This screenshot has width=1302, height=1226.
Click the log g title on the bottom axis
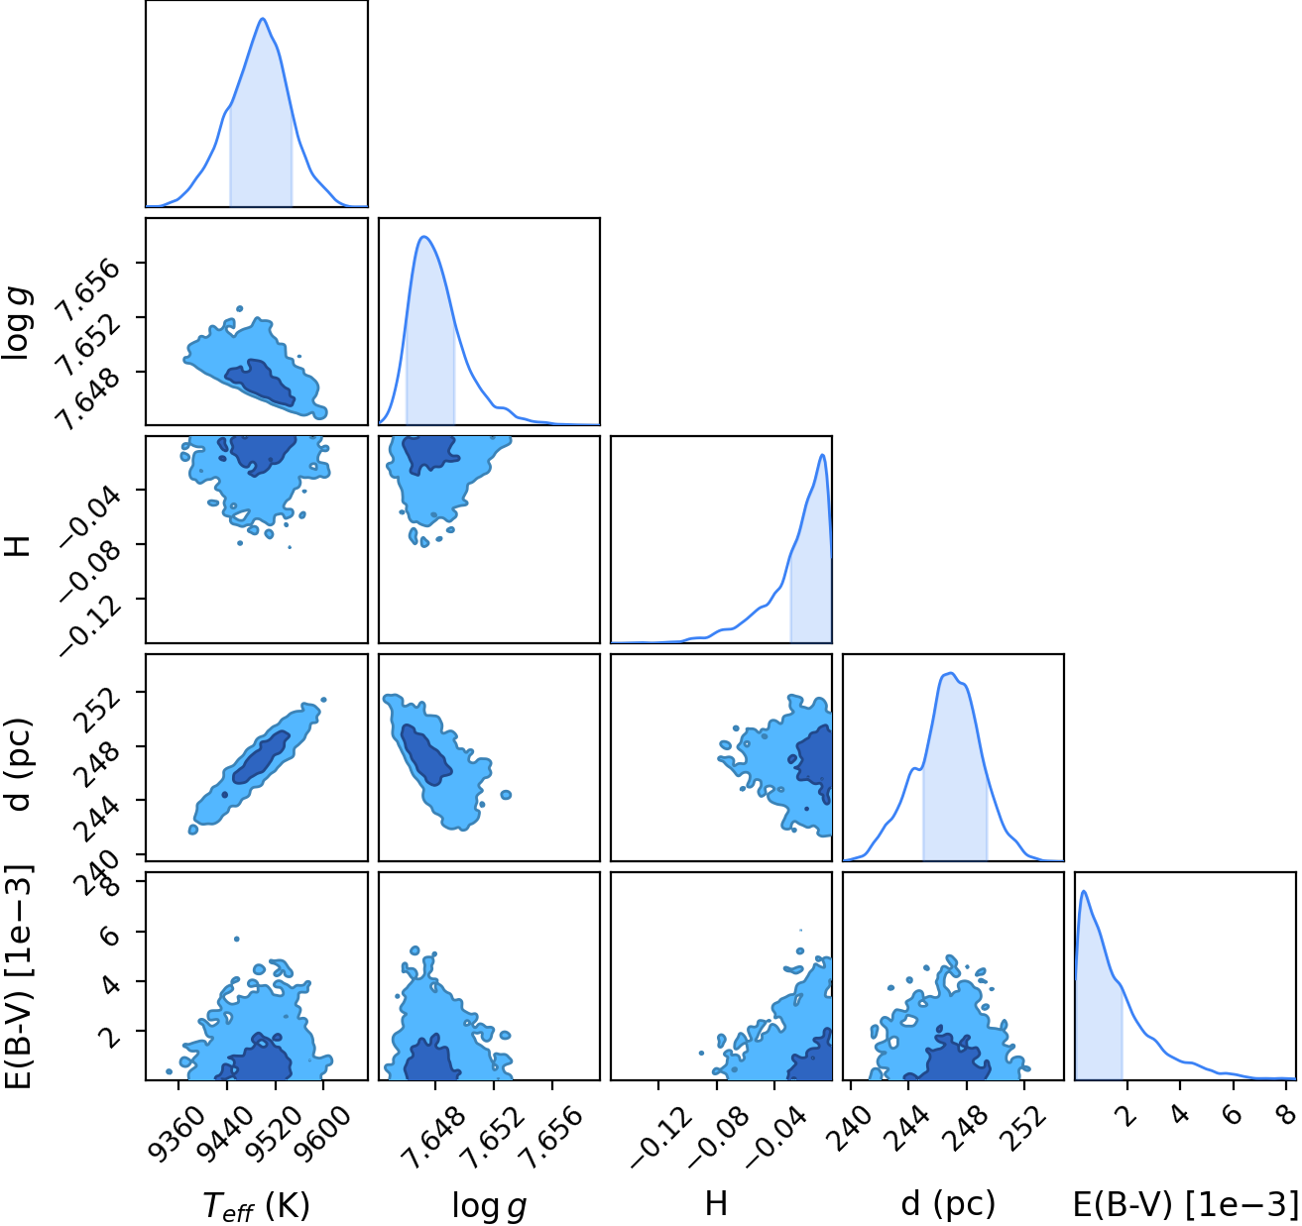click(x=489, y=1206)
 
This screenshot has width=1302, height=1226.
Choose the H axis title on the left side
click(x=20, y=545)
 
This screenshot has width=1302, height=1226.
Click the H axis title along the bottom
click(x=716, y=1204)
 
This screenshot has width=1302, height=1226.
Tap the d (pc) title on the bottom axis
click(x=948, y=1204)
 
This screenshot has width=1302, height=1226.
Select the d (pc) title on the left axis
click(x=19, y=763)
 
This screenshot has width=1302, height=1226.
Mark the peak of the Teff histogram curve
click(x=263, y=19)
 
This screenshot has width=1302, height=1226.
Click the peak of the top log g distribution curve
click(x=424, y=237)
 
